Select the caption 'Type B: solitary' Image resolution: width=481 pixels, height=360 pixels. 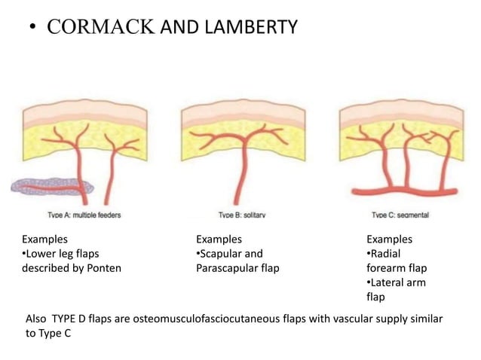[x=242, y=215]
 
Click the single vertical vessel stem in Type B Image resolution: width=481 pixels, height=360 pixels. [x=243, y=173]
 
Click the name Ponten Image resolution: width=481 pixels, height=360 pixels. [x=103, y=268]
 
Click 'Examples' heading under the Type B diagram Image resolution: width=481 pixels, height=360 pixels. [x=217, y=239]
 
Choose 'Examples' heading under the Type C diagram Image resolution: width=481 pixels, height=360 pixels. [x=388, y=239]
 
